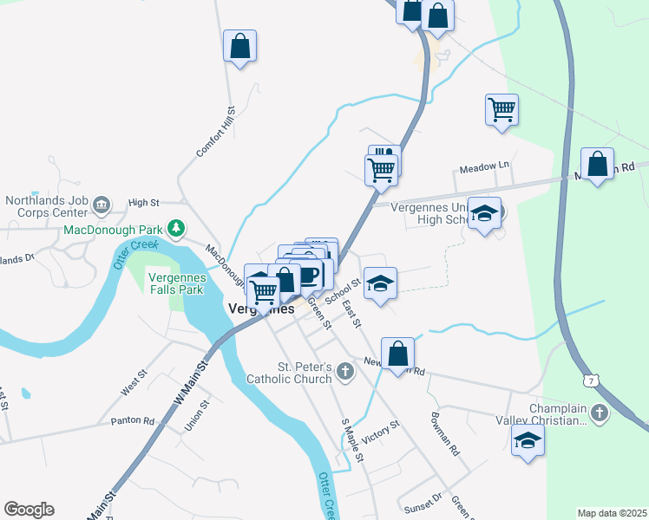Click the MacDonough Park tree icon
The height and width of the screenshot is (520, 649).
click(176, 228)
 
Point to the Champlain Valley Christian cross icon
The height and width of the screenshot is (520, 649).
click(600, 413)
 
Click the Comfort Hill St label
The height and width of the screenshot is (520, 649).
click(216, 132)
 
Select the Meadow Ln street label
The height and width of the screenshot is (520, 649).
click(484, 166)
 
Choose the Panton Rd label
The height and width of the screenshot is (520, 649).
click(132, 421)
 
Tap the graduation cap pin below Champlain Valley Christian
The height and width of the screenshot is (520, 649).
click(527, 441)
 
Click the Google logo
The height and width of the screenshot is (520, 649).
click(29, 510)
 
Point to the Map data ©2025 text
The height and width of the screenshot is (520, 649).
click(612, 513)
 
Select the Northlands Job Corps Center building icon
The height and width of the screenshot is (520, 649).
click(102, 205)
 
